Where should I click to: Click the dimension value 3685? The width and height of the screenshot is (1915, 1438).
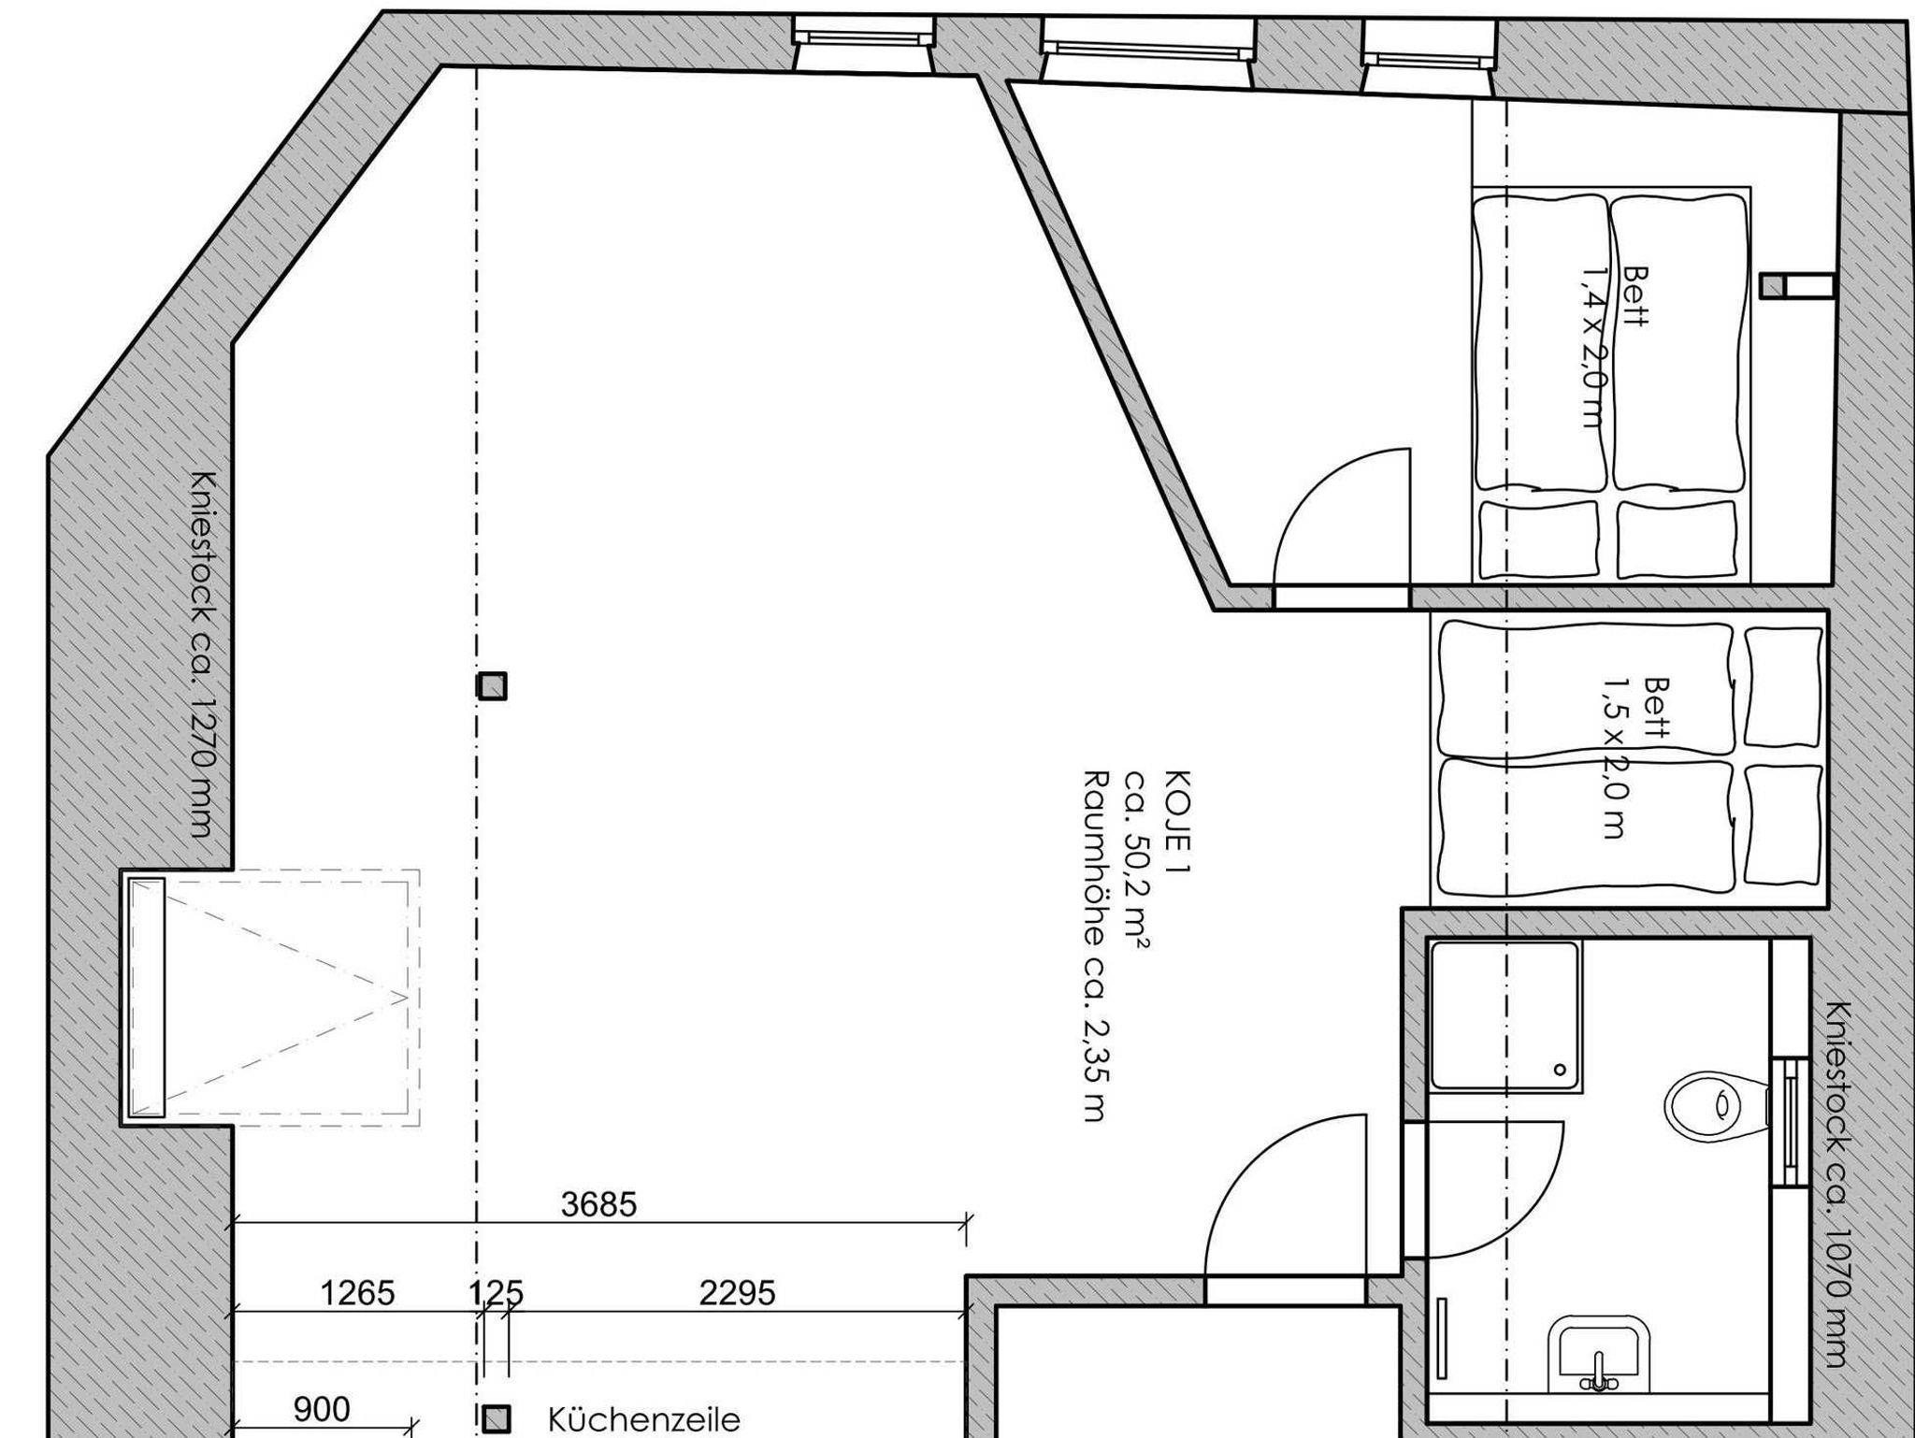[x=598, y=1205]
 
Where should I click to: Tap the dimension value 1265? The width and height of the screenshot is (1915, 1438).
[x=357, y=1294]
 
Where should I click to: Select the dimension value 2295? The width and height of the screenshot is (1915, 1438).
[x=738, y=1294]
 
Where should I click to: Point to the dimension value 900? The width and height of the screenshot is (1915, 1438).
[x=322, y=1410]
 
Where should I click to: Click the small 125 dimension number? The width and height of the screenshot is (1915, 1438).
[x=496, y=1294]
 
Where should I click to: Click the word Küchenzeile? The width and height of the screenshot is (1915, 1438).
[x=644, y=1420]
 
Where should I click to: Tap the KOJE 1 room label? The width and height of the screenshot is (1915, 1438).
[x=1178, y=822]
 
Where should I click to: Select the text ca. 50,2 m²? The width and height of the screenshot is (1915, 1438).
[x=1136, y=859]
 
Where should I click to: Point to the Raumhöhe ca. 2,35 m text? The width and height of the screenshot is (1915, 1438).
[x=1095, y=945]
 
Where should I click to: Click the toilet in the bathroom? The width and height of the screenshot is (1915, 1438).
[x=1719, y=1104]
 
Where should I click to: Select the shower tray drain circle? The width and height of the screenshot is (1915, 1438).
[x=1560, y=1069]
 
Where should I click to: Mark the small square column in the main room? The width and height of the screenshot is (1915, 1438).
[x=493, y=686]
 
